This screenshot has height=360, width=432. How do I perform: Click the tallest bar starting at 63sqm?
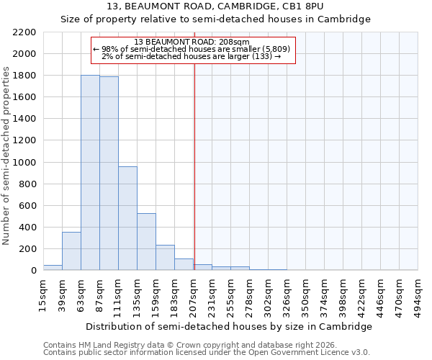click(90, 173)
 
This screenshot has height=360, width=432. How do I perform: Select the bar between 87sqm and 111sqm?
click(109, 174)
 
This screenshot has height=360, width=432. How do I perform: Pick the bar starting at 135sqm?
click(146, 242)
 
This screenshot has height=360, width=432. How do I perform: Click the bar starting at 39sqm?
click(71, 251)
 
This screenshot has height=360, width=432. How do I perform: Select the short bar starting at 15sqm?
click(53, 267)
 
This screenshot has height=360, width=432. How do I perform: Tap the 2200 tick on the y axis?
click(26, 32)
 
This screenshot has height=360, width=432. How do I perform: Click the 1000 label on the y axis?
click(26, 163)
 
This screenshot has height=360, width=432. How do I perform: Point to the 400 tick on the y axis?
click(29, 228)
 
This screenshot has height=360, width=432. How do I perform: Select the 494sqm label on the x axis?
click(418, 294)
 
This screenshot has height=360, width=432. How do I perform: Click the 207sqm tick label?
click(193, 294)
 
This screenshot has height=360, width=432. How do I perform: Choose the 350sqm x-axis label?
click(305, 294)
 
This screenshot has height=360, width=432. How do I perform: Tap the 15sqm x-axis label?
click(43, 294)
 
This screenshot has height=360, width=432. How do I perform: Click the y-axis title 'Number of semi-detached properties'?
click(7, 156)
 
